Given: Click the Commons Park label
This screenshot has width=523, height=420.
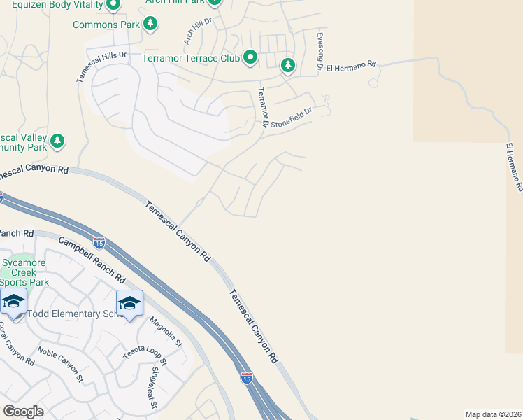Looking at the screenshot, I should [106, 25].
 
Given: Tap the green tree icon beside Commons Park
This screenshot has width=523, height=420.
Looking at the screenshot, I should [150, 24].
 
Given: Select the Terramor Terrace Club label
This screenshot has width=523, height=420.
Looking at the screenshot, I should [191, 58].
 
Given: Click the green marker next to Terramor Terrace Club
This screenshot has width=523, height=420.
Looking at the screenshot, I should [250, 57].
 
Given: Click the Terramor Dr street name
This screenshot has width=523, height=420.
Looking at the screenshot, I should [263, 107].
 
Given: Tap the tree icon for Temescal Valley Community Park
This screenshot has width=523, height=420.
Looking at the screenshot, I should [57, 140].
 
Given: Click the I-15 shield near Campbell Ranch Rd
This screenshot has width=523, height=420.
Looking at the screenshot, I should [99, 242].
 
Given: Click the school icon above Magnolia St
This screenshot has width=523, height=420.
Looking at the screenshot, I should [129, 303].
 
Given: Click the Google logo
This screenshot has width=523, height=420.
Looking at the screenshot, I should [23, 412].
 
